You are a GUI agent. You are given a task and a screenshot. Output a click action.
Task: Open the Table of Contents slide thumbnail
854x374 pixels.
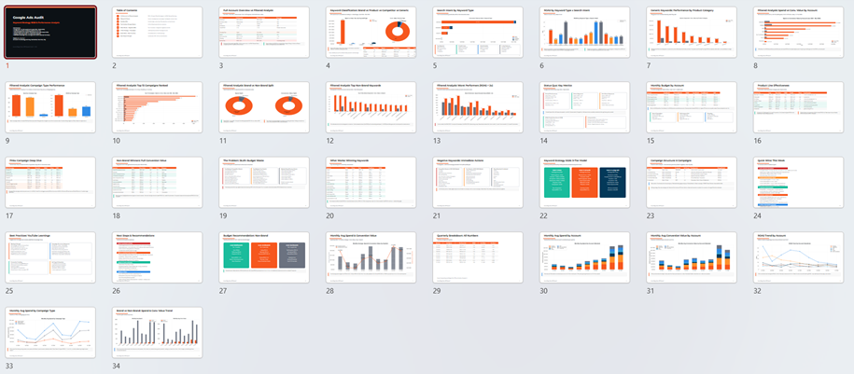coord(157,33)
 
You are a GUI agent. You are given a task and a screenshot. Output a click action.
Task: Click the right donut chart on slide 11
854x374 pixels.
coord(289,107)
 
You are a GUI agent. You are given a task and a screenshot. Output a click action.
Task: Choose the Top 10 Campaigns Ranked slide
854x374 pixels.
coord(157,107)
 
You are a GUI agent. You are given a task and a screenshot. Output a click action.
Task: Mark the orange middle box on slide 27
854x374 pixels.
coord(264,257)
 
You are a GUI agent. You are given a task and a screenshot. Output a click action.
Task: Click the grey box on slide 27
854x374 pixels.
coord(292,257)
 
